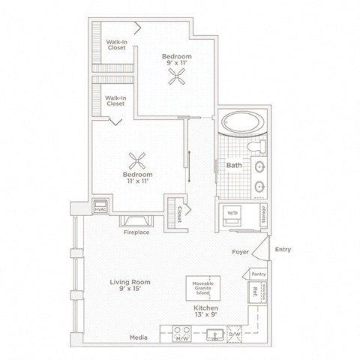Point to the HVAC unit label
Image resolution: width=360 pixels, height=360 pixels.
[x=100, y=207]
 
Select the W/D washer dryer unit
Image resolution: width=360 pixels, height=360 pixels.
[x=232, y=214]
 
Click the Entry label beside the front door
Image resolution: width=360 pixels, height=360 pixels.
[x=283, y=249]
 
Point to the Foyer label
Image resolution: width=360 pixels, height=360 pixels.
[x=240, y=253]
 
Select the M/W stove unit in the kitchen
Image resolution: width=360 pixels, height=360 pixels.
[x=181, y=334]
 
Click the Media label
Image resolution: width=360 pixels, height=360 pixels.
[x=136, y=337]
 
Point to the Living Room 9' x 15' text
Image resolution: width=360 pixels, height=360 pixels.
[x=130, y=286]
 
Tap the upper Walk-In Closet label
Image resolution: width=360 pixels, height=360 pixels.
[x=115, y=45]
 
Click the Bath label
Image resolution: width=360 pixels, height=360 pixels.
[x=233, y=165]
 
